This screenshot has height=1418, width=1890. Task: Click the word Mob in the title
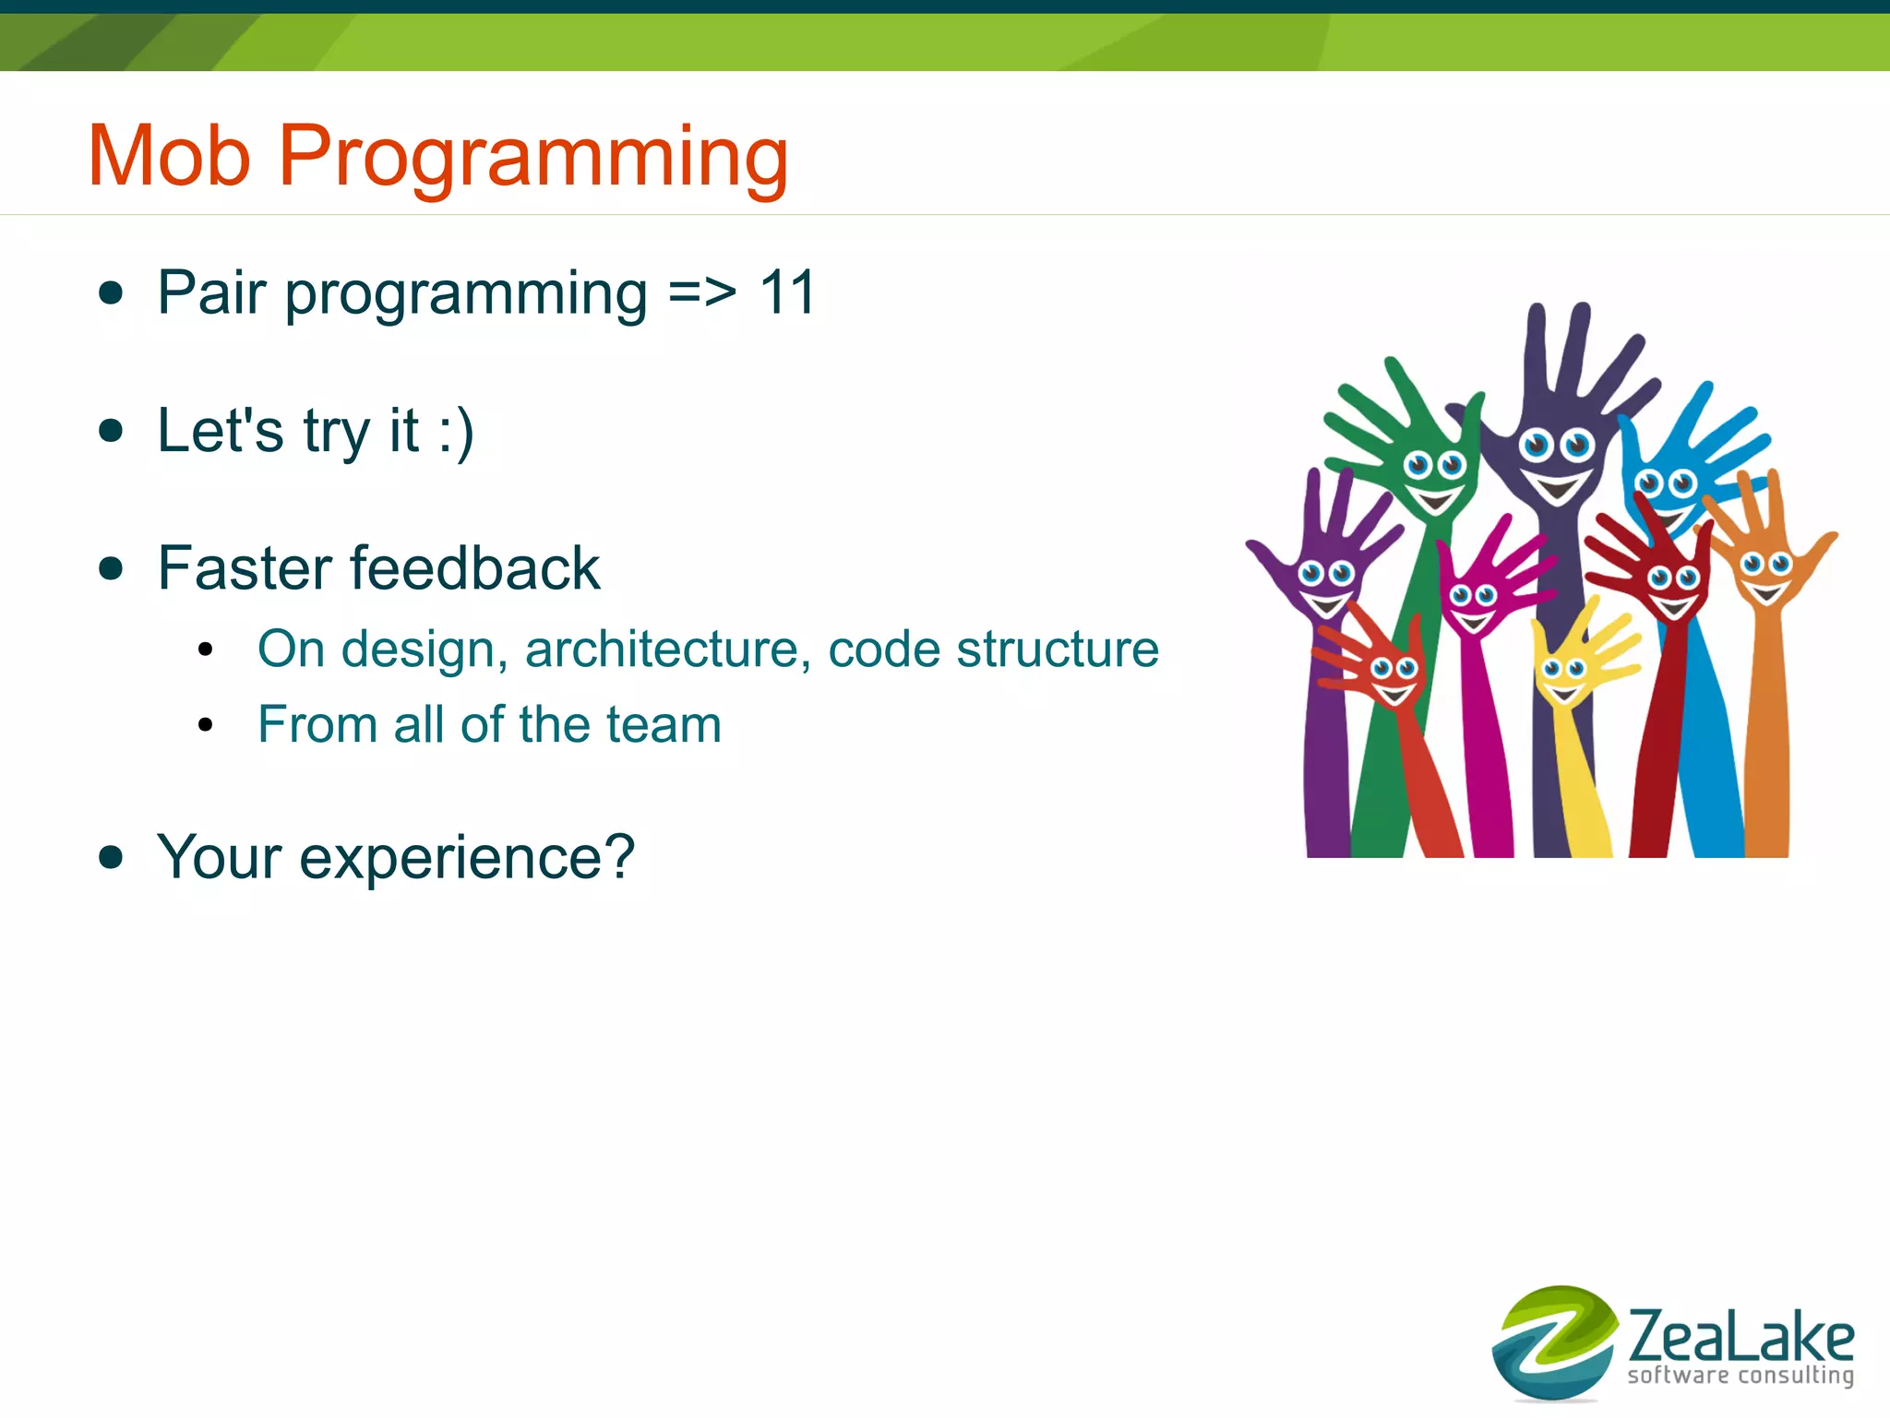tap(169, 156)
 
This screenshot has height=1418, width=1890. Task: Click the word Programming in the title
tap(532, 159)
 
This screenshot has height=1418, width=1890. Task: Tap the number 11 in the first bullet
tap(787, 292)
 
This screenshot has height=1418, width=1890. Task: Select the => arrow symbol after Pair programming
tap(702, 292)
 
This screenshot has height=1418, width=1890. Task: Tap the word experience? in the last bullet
tap(467, 858)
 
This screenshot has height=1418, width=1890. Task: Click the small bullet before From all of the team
tap(206, 725)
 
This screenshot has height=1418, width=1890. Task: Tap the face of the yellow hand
tap(1563, 677)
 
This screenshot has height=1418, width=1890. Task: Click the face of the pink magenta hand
tap(1474, 604)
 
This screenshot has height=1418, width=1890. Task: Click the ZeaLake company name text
tap(1740, 1335)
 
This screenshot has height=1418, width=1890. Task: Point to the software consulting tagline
tap(1740, 1376)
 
